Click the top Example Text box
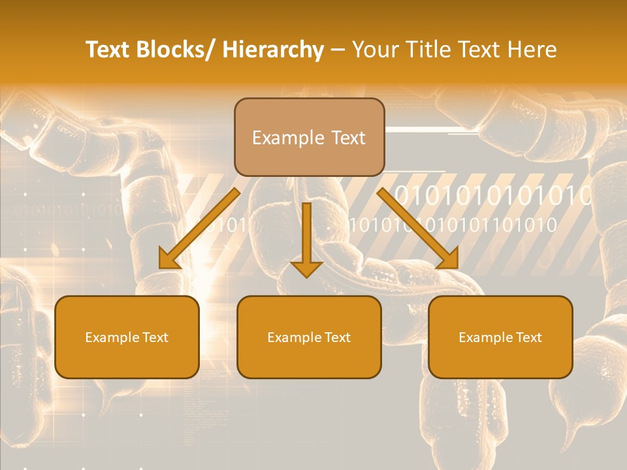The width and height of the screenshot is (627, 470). click(x=309, y=137)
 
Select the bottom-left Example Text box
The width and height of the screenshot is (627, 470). click(x=127, y=337)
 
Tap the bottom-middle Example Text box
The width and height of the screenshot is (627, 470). click(x=309, y=337)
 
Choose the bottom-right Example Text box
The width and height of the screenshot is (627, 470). click(x=500, y=337)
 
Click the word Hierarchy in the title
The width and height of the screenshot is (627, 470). click(x=273, y=50)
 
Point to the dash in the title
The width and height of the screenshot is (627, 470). click(x=338, y=50)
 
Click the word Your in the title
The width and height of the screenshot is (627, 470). click(x=373, y=50)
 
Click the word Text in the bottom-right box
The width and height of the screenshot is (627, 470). click(x=529, y=337)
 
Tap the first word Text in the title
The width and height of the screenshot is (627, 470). click(x=108, y=50)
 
